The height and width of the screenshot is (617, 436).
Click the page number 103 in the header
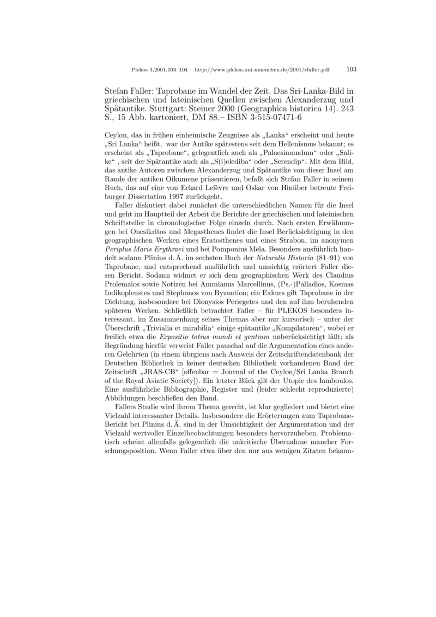[351, 69]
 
